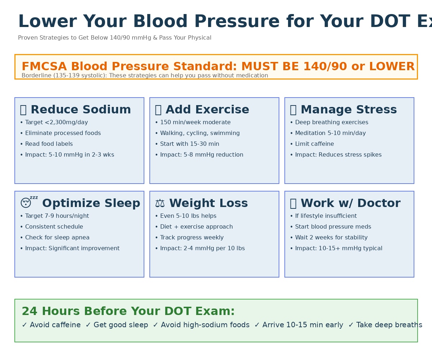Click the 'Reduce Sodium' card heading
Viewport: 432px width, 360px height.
pyautogui.click(x=80, y=110)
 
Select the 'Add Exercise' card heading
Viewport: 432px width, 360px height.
pyautogui.click(x=207, y=110)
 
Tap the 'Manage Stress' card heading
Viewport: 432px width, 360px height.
pyautogui.click(x=348, y=110)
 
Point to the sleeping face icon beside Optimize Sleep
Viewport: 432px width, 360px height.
pyautogui.click(x=26, y=203)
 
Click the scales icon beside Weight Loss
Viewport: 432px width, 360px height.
pyautogui.click(x=159, y=203)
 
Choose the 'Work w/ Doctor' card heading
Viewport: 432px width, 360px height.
pyautogui.click(x=350, y=203)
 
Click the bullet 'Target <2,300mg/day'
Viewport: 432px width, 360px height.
pyautogui.click(x=57, y=122)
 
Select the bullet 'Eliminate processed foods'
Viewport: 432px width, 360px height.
pyautogui.click(x=63, y=133)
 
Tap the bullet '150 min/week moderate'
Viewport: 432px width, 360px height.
pyautogui.click(x=195, y=122)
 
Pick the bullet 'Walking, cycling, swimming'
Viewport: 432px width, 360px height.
pyautogui.click(x=200, y=133)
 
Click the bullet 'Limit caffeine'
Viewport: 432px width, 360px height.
pyautogui.click(x=314, y=144)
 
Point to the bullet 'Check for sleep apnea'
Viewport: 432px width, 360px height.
pyautogui.click(x=57, y=238)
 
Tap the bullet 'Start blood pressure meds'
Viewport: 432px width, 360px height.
pyautogui.click(x=333, y=227)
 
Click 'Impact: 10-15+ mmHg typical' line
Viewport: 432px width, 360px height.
pyautogui.click(x=338, y=248)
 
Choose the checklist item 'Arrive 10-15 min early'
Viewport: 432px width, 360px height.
pyautogui.click(x=302, y=325)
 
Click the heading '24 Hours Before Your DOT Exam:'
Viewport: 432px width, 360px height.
pyautogui.click(x=128, y=311)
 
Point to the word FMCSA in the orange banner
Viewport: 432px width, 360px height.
pyautogui.click(x=44, y=67)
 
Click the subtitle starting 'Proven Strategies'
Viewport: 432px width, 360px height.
pyautogui.click(x=114, y=38)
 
